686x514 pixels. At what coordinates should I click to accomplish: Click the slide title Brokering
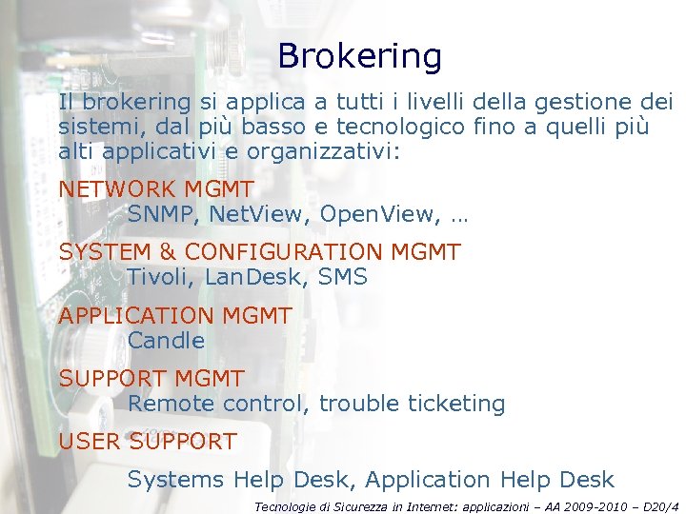tap(359, 57)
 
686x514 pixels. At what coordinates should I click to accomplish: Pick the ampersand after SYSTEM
tap(166, 252)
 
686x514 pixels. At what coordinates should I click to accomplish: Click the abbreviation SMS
tap(343, 277)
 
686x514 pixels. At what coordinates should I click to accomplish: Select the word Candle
tap(166, 340)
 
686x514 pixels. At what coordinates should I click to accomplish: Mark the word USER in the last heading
tap(90, 442)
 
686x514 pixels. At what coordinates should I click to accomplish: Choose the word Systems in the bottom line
tap(176, 480)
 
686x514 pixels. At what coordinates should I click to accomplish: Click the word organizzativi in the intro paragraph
tap(324, 151)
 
